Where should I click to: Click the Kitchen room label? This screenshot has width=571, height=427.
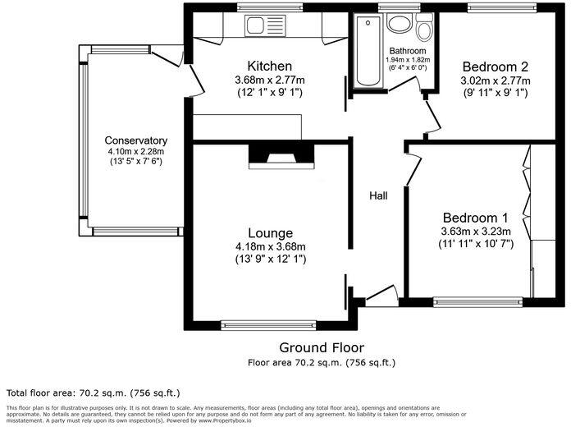269,66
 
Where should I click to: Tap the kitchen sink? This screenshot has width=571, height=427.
266,25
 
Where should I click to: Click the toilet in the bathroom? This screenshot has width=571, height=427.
425,27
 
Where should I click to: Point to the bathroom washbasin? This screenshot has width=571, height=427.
400,23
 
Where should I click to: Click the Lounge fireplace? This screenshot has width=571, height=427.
281,156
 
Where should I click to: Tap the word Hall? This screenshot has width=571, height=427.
378,195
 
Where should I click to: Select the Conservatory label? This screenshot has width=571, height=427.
136,140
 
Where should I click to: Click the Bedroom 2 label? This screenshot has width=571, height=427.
495,67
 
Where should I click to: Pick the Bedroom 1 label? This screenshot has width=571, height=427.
475,218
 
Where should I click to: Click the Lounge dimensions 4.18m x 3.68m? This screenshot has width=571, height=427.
271,246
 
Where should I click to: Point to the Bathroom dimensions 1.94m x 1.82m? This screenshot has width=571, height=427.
408,59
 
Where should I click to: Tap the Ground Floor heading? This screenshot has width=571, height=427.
322,347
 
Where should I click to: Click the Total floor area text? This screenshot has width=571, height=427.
94,393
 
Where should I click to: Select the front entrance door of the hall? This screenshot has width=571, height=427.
381,296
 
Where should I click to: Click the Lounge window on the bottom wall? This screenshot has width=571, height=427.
268,325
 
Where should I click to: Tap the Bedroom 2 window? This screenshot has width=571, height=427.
502,7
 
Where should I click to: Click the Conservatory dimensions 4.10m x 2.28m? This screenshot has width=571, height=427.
136,151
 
